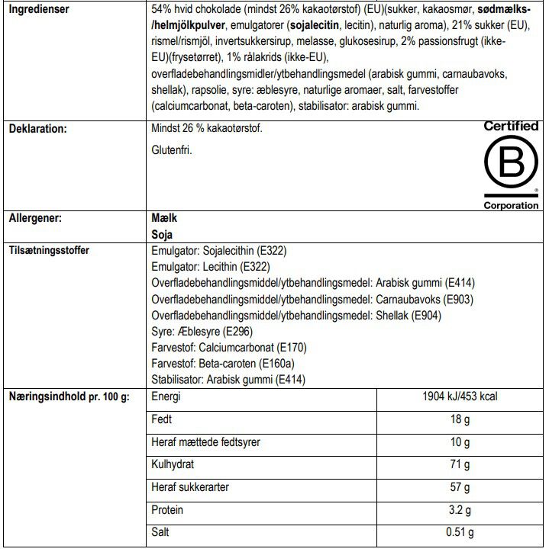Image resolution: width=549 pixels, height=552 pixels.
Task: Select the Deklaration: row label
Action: click(38, 129)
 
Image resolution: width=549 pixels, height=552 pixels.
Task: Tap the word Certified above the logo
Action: click(511, 126)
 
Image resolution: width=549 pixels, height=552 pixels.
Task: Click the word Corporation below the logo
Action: click(511, 205)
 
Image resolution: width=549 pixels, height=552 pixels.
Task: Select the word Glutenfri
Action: click(172, 151)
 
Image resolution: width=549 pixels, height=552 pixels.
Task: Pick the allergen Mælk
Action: click(166, 218)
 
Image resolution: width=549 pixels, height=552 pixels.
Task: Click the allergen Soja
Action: click(163, 233)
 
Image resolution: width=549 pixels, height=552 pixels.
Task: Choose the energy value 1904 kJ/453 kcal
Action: click(460, 397)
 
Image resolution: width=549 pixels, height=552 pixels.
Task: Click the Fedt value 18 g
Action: click(460, 419)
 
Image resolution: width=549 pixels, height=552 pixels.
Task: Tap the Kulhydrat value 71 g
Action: click(460, 465)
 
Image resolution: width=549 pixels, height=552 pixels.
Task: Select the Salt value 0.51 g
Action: click(460, 533)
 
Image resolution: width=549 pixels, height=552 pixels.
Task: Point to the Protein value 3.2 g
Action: click(460, 510)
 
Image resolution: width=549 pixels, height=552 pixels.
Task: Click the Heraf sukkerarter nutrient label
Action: click(191, 487)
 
